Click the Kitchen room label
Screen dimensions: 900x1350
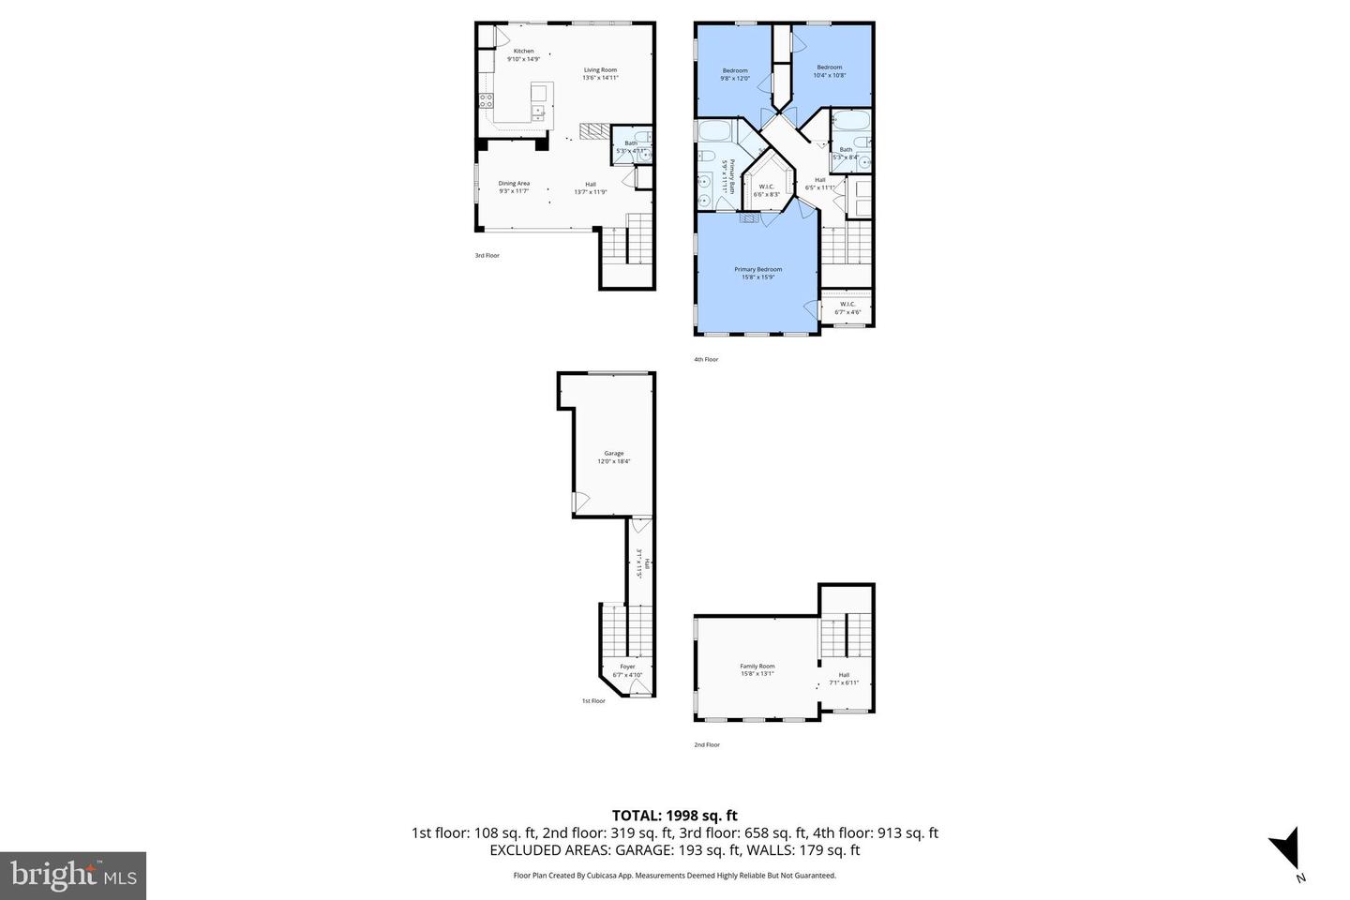click(523, 54)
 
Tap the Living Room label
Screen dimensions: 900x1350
click(600, 73)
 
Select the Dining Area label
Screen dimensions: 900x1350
click(514, 187)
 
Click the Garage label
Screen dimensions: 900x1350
click(614, 457)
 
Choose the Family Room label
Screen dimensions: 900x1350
click(757, 669)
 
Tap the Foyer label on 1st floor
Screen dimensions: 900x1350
click(627, 670)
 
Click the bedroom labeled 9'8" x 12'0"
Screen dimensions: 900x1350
click(735, 74)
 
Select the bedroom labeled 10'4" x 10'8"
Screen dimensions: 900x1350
click(830, 70)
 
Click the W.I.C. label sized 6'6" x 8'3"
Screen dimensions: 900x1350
click(767, 189)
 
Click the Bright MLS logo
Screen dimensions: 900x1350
click(73, 876)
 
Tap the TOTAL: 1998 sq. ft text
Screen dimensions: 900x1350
click(674, 816)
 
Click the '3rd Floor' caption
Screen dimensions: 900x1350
click(487, 255)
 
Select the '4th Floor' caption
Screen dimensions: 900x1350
click(706, 359)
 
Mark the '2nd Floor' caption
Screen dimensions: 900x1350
click(707, 744)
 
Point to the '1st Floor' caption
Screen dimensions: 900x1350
click(593, 700)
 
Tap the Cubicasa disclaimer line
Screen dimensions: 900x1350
click(674, 876)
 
